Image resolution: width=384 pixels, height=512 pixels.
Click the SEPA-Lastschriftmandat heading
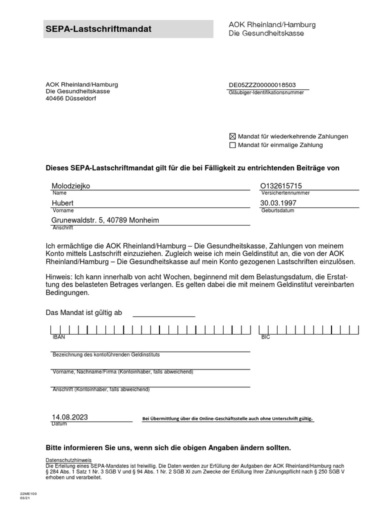[98, 29]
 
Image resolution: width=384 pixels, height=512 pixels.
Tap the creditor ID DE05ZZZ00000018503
[262, 85]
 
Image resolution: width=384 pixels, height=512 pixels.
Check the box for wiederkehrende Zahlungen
[232, 136]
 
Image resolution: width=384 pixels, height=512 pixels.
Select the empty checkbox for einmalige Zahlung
[232, 145]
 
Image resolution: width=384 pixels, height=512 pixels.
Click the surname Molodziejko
[71, 186]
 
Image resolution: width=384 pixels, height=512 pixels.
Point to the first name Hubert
[62, 203]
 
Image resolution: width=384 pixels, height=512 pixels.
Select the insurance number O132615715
[281, 186]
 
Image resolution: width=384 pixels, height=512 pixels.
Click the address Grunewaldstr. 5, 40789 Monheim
[105, 220]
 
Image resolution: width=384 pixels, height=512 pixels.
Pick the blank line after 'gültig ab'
[163, 312]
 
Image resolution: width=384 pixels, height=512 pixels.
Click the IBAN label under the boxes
[58, 337]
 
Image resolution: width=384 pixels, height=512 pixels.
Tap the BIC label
[265, 337]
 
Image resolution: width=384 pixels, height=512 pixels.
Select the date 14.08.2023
[69, 417]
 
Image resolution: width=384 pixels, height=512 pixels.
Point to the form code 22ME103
[28, 493]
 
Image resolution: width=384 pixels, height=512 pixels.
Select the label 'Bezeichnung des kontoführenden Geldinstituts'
[106, 354]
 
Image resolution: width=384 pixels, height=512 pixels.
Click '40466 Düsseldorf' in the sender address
[70, 98]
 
